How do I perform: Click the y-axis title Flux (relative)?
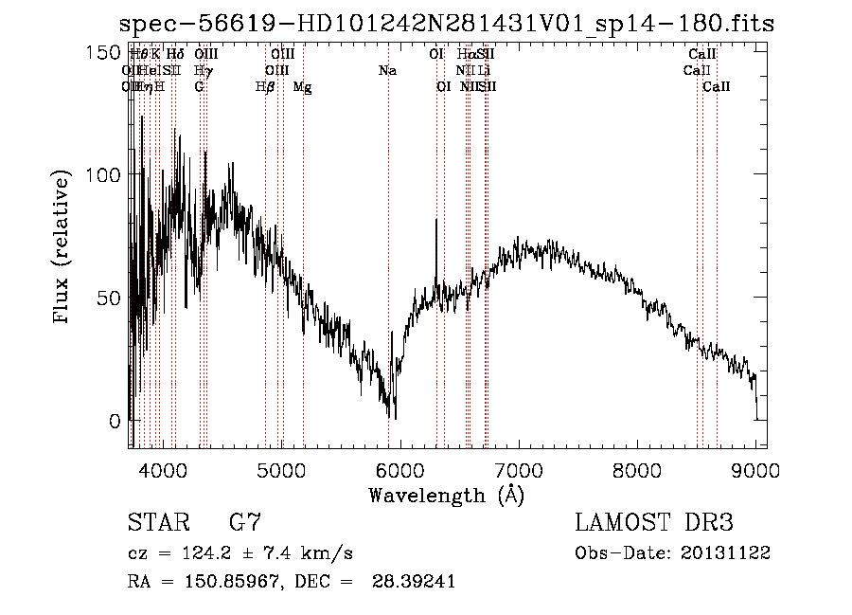click(x=63, y=247)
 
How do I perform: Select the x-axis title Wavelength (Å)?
click(x=446, y=495)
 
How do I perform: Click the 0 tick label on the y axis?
click(x=113, y=421)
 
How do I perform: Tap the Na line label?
click(x=387, y=70)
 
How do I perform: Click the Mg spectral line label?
click(x=302, y=86)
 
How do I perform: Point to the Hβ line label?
click(x=265, y=86)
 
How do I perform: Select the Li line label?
click(x=484, y=70)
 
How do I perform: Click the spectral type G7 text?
click(x=244, y=523)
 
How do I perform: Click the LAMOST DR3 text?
click(x=653, y=523)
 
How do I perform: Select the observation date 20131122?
click(x=729, y=552)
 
